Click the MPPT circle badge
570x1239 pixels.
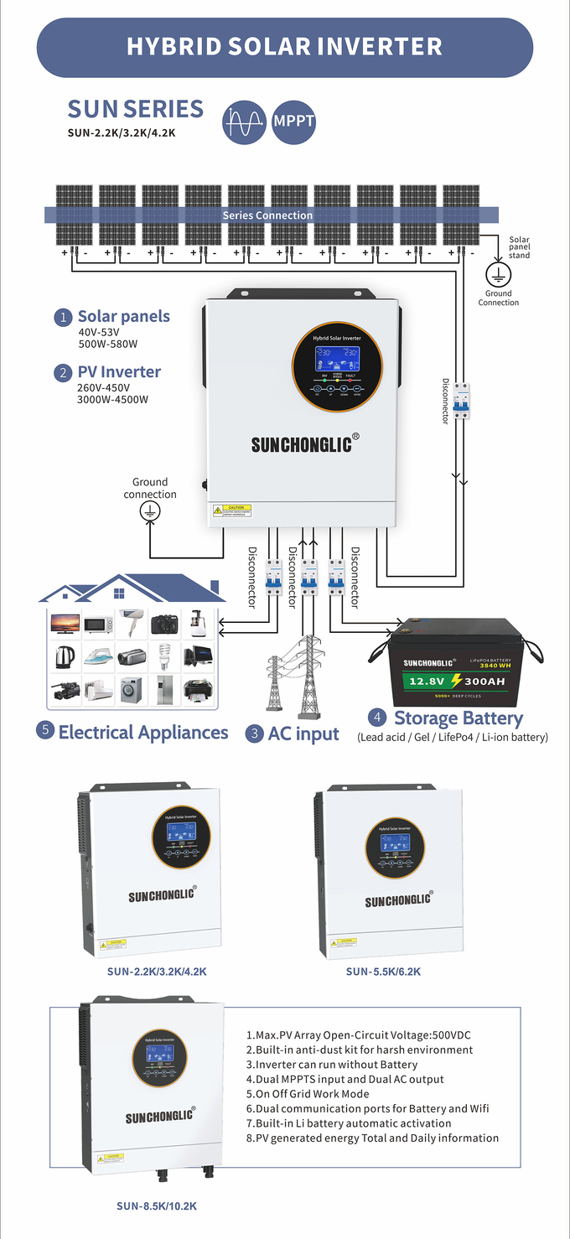click(x=293, y=122)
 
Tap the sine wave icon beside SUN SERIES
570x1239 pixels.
click(x=244, y=122)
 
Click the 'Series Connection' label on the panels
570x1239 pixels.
click(x=267, y=215)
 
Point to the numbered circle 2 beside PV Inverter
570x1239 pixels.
click(x=63, y=373)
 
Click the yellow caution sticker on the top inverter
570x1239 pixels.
click(x=232, y=511)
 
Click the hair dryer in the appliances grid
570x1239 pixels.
click(x=132, y=623)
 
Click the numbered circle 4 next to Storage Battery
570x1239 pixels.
click(x=378, y=718)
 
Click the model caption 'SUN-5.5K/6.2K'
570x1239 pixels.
click(x=383, y=972)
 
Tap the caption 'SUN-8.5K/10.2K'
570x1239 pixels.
click(x=157, y=1206)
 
